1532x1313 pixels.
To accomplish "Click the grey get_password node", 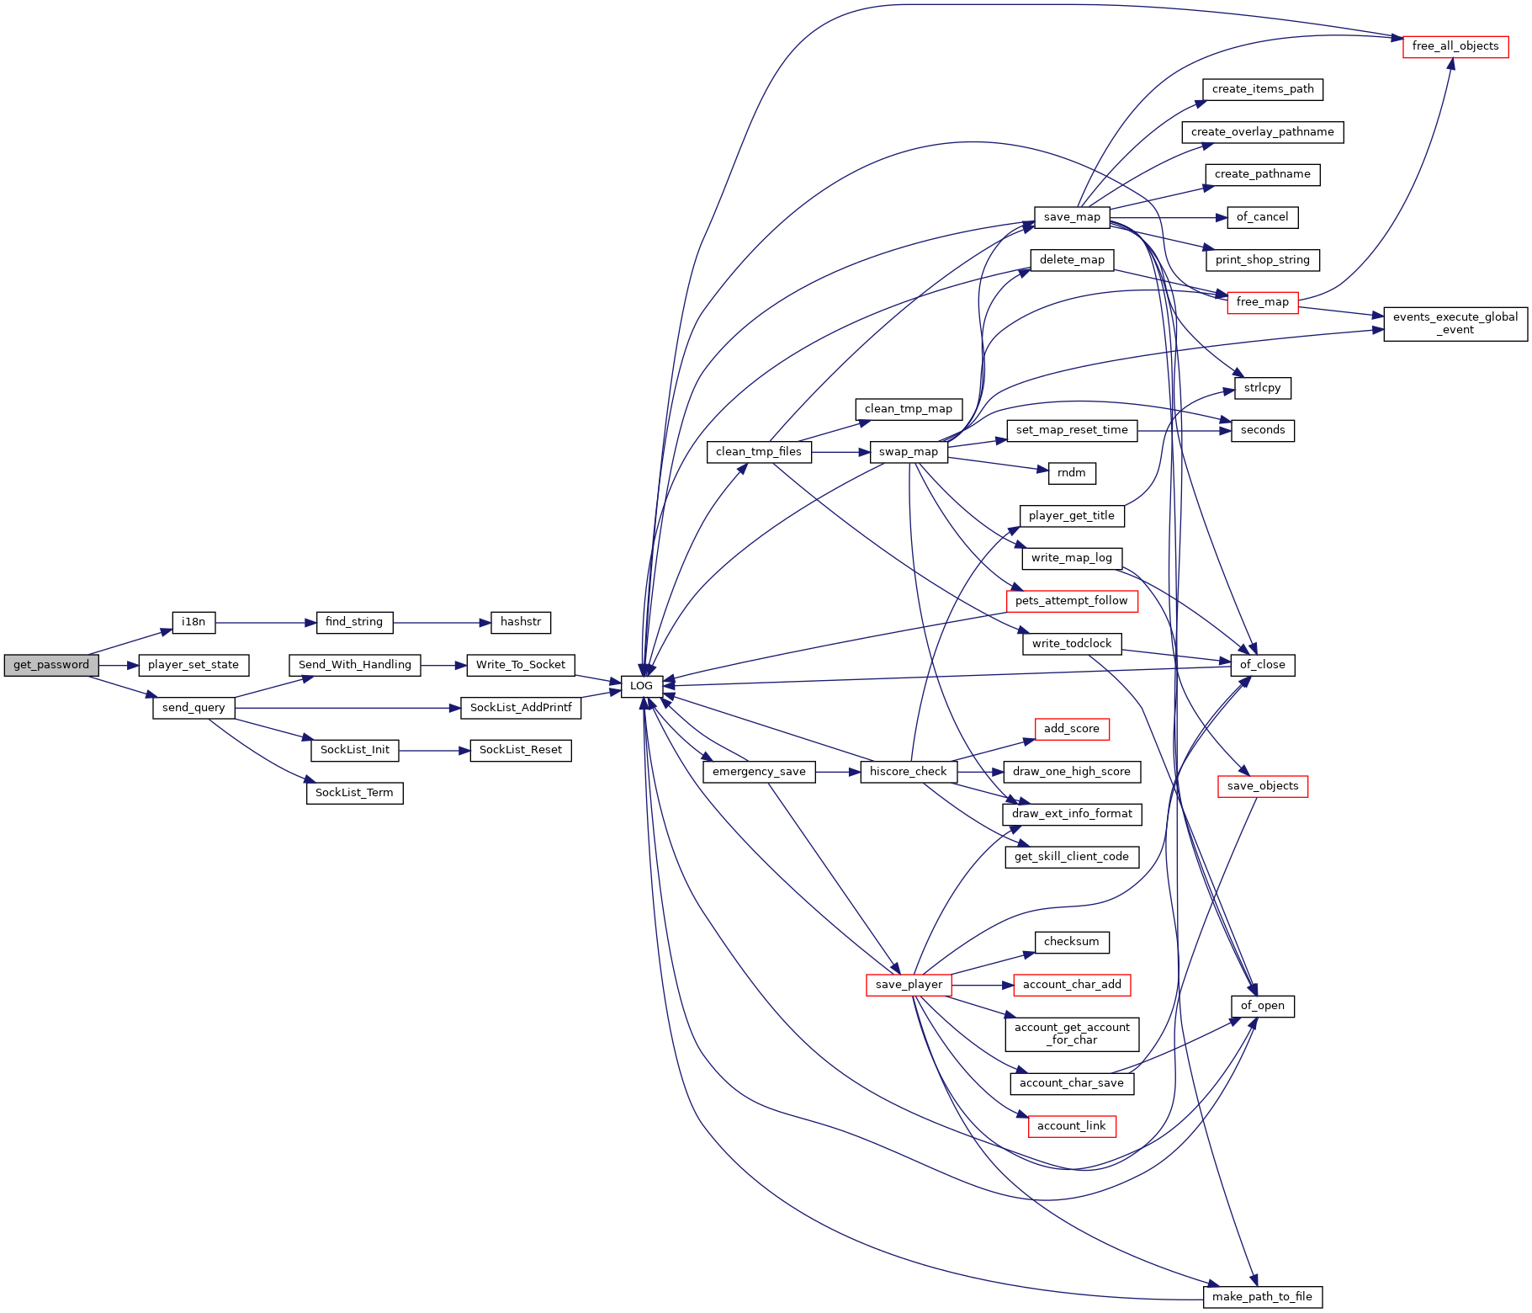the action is (x=50, y=665).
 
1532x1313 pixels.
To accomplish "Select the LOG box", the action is (x=641, y=686).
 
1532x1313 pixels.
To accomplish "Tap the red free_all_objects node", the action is (x=1455, y=46).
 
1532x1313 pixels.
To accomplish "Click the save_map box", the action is (x=1072, y=217).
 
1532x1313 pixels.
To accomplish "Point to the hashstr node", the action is (x=521, y=622).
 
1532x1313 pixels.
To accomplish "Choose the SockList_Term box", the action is (x=354, y=793).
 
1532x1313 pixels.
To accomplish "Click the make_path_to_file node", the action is (x=1262, y=1297).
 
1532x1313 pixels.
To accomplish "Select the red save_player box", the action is (x=909, y=985).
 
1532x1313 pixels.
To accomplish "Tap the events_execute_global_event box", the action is (x=1455, y=323).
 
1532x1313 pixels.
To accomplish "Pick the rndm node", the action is (x=1072, y=473).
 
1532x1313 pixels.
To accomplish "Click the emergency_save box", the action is (x=759, y=772).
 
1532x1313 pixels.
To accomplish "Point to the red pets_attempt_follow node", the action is (x=1072, y=601).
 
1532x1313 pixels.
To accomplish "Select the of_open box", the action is (x=1262, y=1006).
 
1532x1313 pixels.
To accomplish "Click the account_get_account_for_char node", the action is (x=1072, y=1034).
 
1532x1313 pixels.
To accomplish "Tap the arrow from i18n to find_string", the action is (x=266, y=623).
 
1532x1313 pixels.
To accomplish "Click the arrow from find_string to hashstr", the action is (x=442, y=623).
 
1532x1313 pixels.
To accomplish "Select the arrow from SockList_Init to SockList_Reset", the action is (x=435, y=750).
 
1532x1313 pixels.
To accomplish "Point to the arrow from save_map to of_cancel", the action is (x=1169, y=217).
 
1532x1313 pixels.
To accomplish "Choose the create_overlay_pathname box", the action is (x=1262, y=132).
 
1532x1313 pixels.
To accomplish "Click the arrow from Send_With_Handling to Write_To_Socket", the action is (x=444, y=665).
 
